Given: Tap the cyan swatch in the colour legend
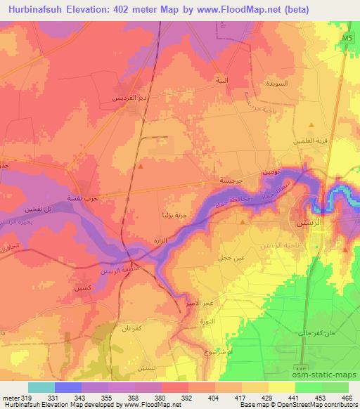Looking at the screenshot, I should pyautogui.click(x=41, y=387).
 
